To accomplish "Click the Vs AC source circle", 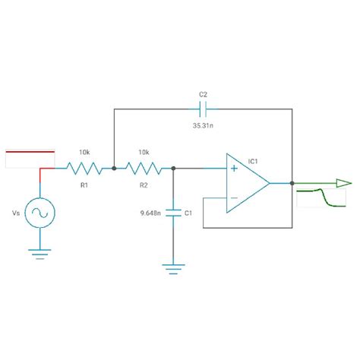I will tap(39, 215).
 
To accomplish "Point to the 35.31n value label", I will tap(203, 125).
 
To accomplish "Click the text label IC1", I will tap(253, 161).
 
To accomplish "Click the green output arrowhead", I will tap(343, 183).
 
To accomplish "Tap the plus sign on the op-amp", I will tap(234, 169).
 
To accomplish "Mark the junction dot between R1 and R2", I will tap(113, 168).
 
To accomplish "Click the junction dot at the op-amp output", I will tap(292, 183).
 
